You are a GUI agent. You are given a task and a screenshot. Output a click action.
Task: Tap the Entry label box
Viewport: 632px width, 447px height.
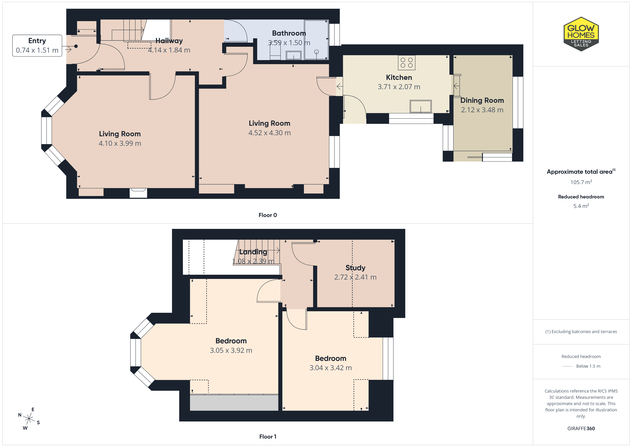pos(37,46)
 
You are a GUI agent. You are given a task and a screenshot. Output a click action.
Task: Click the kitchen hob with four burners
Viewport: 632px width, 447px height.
pos(407,63)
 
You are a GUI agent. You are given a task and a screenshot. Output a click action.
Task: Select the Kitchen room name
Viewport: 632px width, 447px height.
pos(399,77)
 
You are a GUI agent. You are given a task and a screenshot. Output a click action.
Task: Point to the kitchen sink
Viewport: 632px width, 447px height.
pos(421,106)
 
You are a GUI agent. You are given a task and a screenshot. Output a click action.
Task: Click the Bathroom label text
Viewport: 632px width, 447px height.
pos(289,33)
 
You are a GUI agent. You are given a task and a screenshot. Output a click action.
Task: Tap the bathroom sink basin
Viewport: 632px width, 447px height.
pos(294,55)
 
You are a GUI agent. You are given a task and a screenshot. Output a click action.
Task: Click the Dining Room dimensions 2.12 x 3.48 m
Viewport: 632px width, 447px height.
pos(482,110)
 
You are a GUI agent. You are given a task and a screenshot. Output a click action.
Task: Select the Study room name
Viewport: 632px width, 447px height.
pos(355,268)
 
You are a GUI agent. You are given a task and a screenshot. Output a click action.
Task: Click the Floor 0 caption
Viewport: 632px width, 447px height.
pos(268,215)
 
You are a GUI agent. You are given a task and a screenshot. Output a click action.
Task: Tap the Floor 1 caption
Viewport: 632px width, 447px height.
pos(268,437)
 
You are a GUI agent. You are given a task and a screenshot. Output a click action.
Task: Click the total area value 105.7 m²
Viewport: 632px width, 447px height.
pos(581,182)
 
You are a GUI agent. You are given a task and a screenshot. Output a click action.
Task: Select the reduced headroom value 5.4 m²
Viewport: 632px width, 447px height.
pos(581,206)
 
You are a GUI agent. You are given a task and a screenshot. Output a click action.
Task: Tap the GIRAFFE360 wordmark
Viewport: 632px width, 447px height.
pos(581,429)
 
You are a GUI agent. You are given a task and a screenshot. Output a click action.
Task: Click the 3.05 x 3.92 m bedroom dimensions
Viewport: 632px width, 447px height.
pos(231,350)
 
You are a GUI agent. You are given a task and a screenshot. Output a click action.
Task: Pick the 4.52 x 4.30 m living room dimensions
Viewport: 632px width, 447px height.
pos(269,133)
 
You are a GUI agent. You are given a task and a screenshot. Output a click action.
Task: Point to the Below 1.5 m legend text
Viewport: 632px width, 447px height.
pos(588,366)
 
